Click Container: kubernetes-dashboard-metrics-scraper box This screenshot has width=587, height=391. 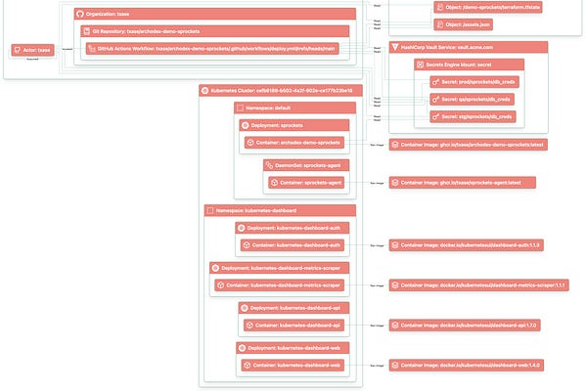tap(279, 285)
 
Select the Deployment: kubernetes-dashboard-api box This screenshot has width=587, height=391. tap(293, 307)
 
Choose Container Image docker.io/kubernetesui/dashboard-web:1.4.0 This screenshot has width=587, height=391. tap(468, 365)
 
